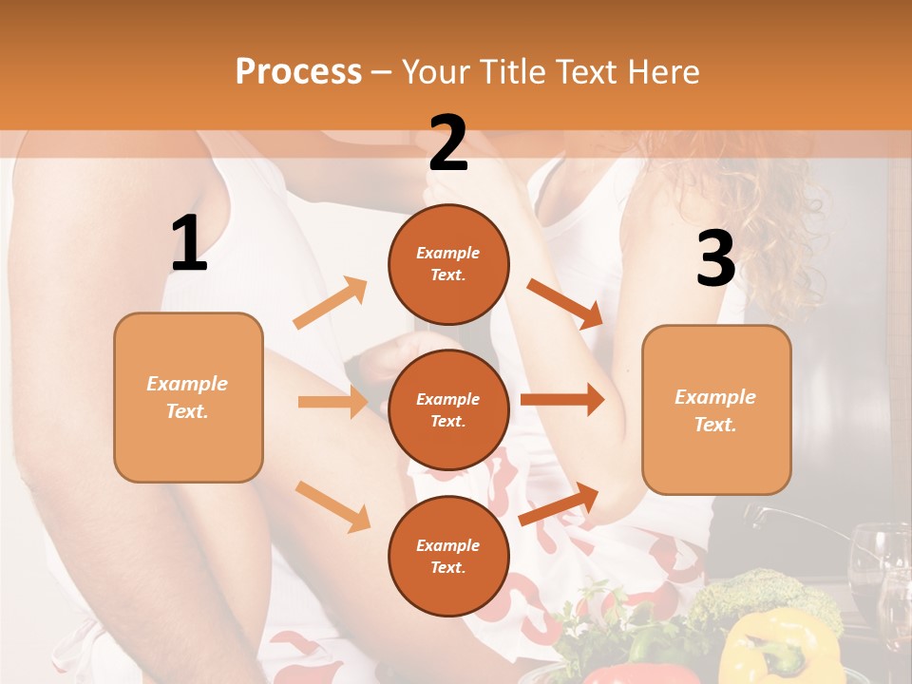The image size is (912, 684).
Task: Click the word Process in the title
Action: (298, 71)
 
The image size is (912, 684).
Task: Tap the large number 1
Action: (189, 244)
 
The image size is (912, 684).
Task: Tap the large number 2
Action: (448, 143)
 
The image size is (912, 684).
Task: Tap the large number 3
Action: (715, 258)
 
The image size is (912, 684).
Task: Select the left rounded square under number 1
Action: (188, 397)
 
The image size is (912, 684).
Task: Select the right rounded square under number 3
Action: (716, 409)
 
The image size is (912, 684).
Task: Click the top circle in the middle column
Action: (448, 264)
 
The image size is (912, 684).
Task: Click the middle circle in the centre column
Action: (448, 409)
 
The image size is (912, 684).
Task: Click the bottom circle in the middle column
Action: (448, 556)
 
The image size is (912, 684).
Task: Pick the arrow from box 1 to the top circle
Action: (331, 303)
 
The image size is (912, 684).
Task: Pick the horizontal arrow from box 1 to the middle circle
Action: (332, 402)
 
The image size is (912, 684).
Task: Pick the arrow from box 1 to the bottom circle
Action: (332, 506)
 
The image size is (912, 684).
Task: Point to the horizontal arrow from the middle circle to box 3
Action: (561, 399)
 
